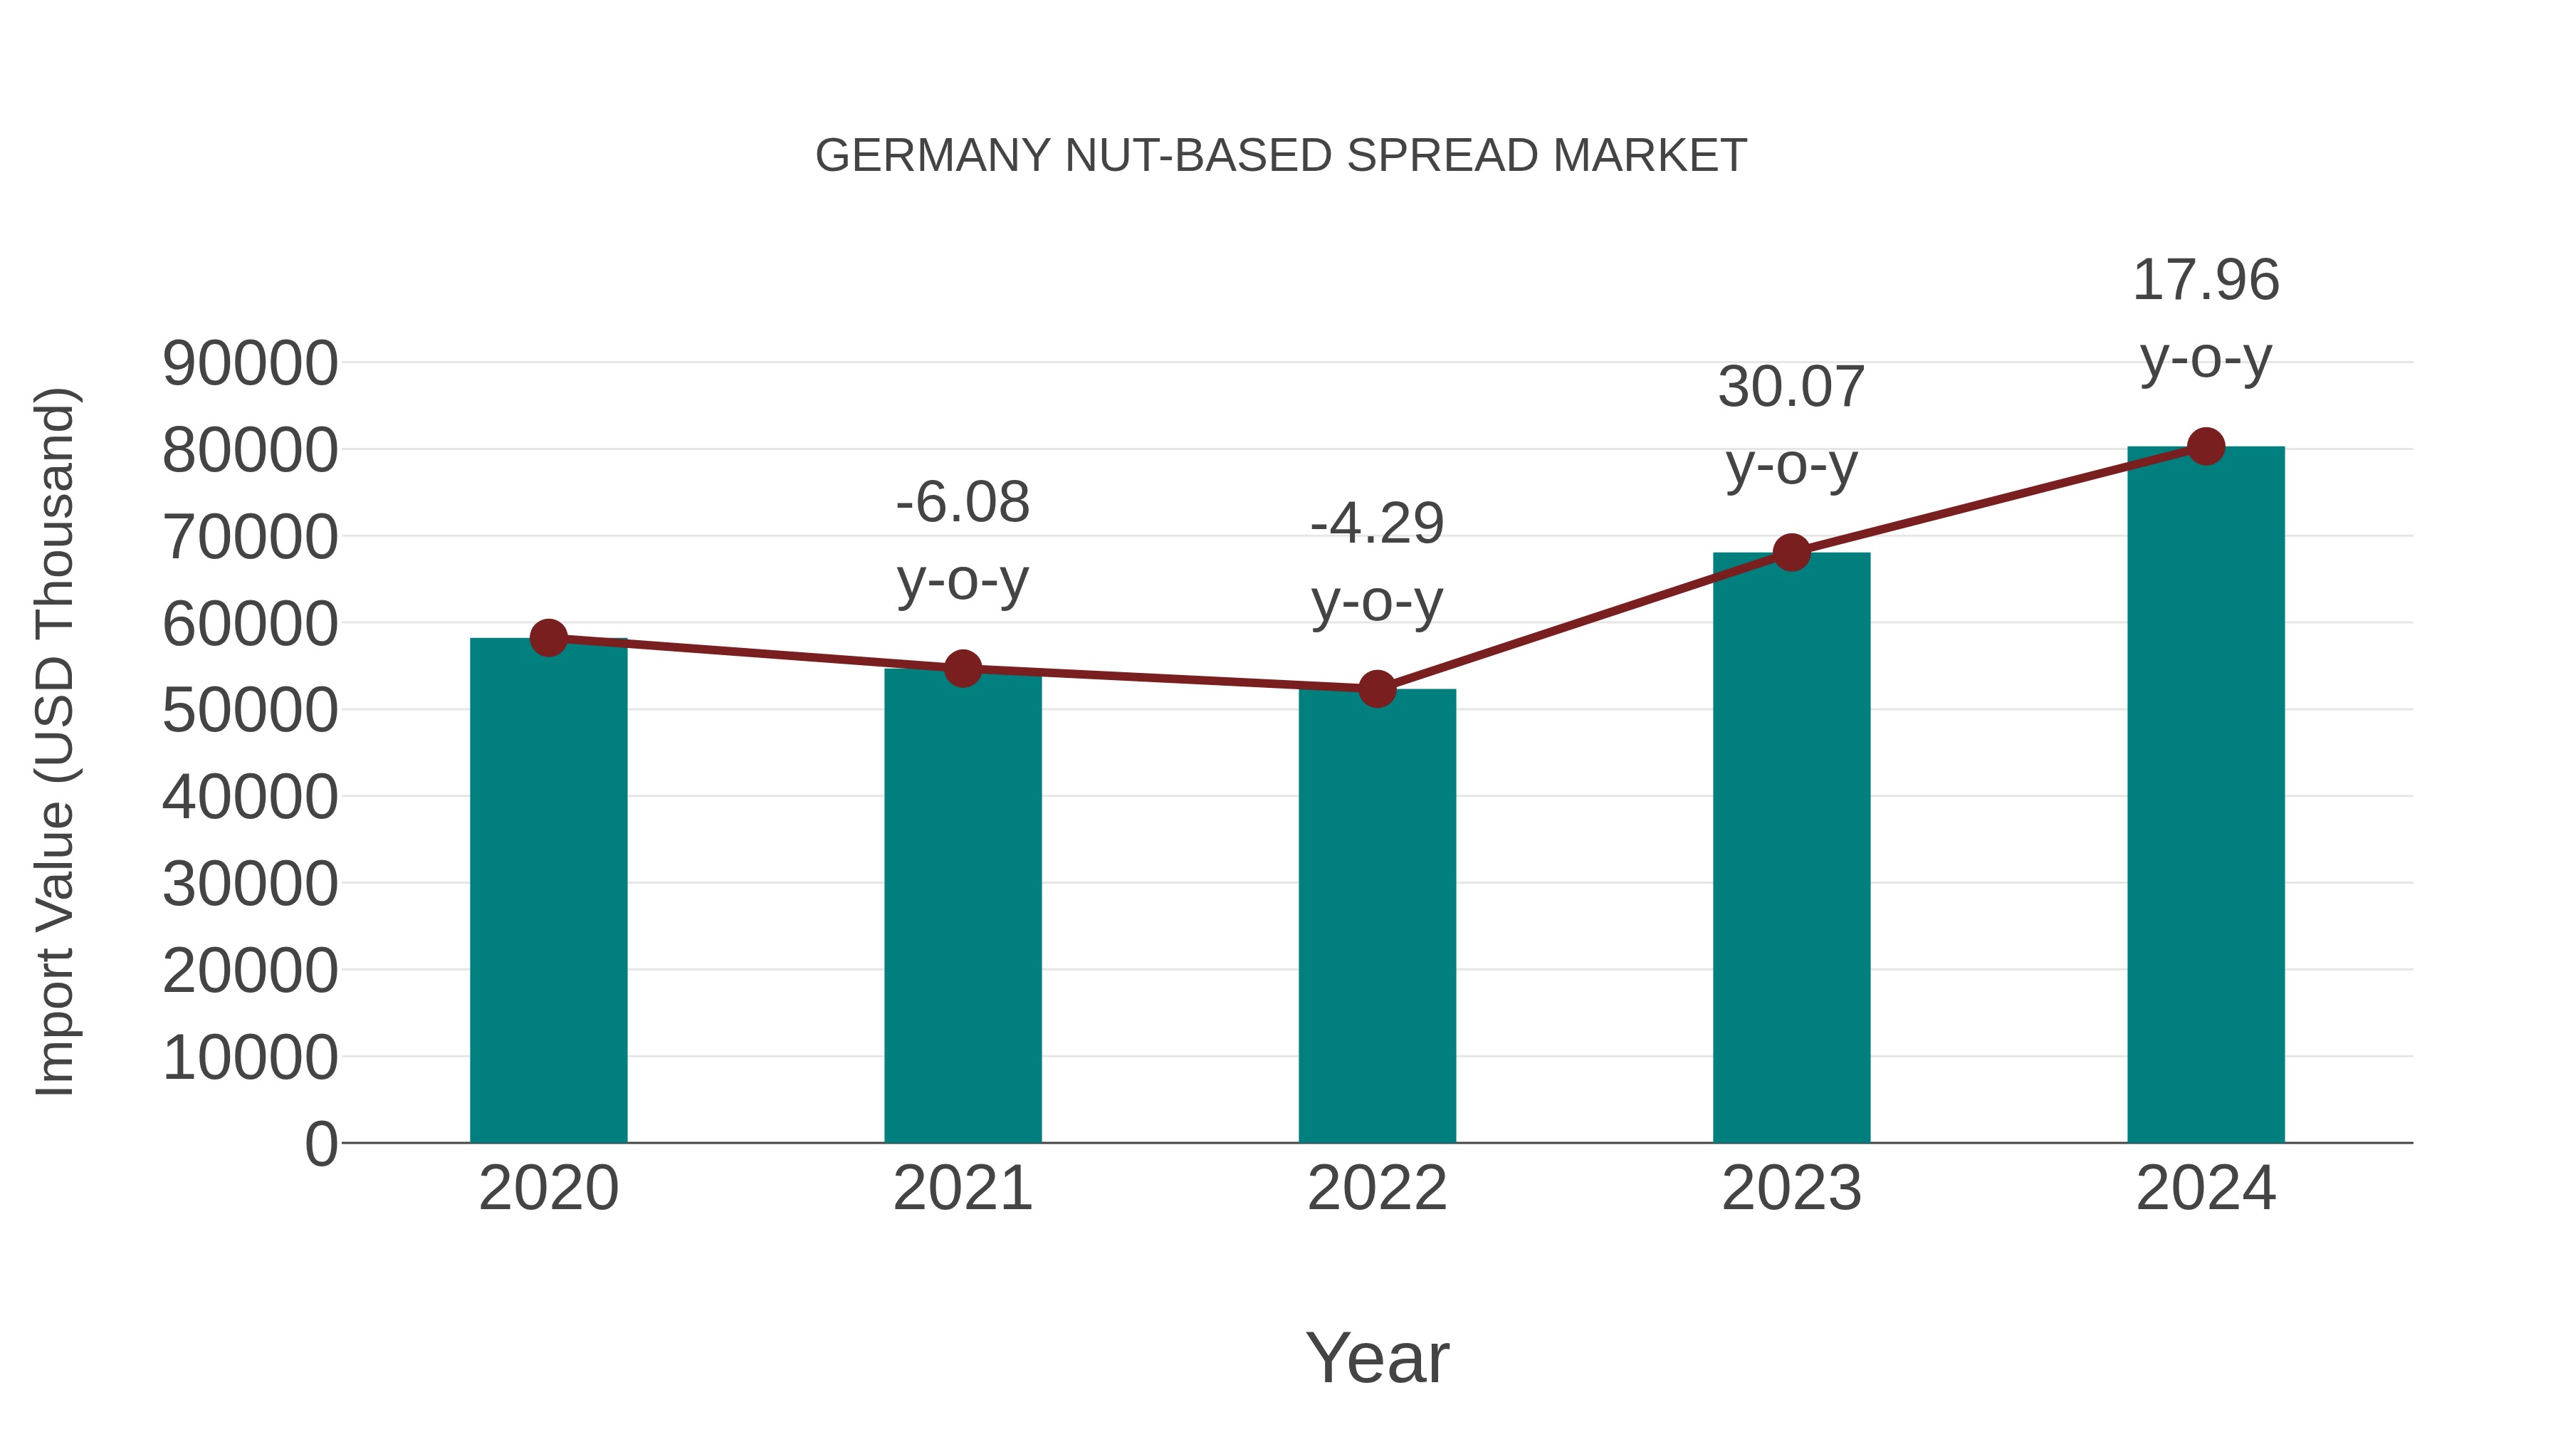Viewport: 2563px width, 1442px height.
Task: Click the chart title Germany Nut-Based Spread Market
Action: (1281, 156)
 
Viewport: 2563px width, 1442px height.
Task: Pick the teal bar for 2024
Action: (2206, 796)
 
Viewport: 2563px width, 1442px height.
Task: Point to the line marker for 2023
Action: (1791, 553)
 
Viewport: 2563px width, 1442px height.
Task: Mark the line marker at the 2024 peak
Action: (2206, 446)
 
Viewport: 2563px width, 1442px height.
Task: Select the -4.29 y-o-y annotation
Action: (1377, 563)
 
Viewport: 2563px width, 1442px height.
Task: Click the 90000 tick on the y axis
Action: (250, 363)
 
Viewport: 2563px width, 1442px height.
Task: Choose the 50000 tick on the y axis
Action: (250, 711)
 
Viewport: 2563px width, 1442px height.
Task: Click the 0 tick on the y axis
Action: (321, 1144)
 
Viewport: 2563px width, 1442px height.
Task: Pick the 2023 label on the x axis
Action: (1791, 1188)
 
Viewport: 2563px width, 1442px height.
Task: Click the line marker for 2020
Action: (548, 638)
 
